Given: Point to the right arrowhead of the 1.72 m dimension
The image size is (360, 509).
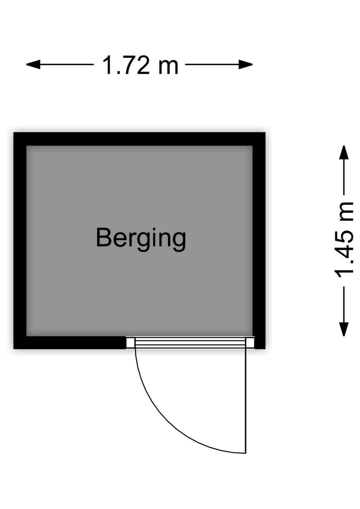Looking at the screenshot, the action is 246,64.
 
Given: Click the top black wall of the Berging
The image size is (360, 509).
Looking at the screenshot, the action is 139,139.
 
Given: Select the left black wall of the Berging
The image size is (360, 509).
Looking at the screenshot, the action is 20,240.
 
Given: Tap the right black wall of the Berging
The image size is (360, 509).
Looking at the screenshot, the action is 259,240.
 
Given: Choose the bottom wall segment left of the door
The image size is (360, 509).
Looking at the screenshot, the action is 70,343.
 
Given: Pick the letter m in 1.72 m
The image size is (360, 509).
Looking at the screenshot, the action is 168,67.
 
